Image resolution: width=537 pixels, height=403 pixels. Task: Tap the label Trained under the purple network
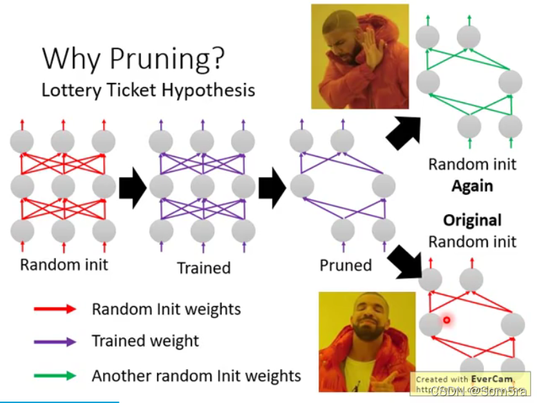click(203, 268)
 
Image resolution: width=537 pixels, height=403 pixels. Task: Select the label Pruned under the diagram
click(346, 265)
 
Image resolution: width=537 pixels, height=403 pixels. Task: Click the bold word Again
click(472, 186)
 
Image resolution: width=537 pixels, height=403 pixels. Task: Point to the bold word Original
click(472, 221)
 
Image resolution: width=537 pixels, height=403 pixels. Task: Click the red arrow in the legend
click(55, 309)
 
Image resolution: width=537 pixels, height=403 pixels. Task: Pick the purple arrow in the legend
click(55, 341)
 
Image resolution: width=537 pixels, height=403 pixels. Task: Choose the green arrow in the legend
click(55, 376)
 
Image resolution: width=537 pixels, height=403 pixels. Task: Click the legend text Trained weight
click(145, 341)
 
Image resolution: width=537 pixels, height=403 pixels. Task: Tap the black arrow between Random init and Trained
click(133, 187)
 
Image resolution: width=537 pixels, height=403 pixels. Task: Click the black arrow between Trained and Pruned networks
click(272, 187)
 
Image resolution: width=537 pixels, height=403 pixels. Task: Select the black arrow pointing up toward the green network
click(404, 131)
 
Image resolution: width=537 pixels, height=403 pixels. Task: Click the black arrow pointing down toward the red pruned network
click(404, 260)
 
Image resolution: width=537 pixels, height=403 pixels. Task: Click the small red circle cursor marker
click(447, 320)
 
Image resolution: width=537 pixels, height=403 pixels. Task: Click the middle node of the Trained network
click(203, 186)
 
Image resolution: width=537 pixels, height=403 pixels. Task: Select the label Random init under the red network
click(64, 265)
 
